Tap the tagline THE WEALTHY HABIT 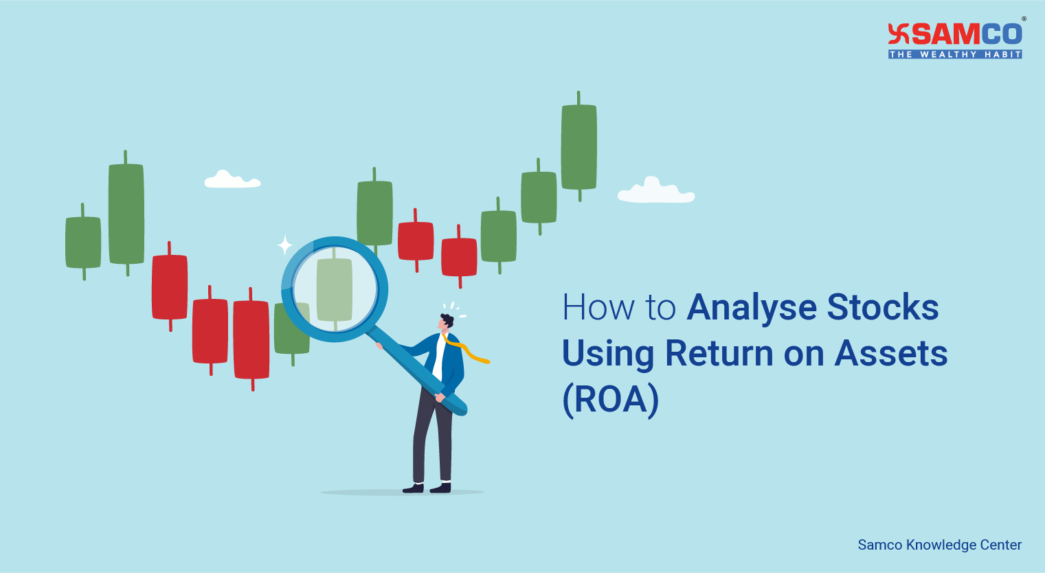955,54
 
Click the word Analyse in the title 752,308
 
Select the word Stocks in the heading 883,307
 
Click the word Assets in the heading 890,353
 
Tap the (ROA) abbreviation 610,399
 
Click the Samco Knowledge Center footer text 940,545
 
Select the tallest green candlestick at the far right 579,146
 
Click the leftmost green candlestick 83,242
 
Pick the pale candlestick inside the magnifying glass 335,289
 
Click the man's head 445,323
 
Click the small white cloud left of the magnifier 232,179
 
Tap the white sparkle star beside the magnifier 284,245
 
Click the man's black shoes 427,488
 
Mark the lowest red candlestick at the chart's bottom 251,339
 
